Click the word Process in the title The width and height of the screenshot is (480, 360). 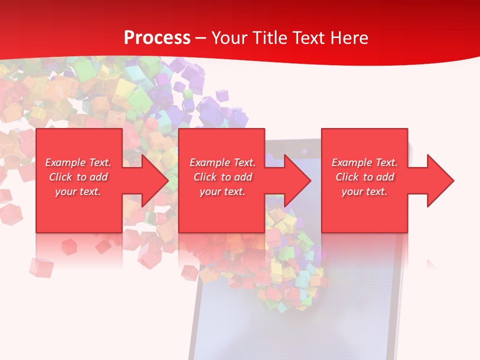click(157, 38)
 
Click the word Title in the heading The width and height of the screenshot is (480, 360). click(270, 38)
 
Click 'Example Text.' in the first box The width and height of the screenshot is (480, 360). click(78, 162)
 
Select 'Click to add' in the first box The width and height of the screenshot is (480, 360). click(78, 177)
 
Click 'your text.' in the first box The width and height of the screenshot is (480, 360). click(78, 191)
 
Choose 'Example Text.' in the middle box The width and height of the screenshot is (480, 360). click(222, 162)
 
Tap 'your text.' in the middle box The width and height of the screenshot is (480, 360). click(222, 191)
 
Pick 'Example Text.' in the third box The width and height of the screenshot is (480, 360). click(364, 162)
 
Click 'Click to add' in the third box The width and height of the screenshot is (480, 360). click(364, 177)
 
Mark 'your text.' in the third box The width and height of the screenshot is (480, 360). click(364, 191)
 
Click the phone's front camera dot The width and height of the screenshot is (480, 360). click(303, 149)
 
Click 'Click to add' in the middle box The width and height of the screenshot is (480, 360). click(222, 177)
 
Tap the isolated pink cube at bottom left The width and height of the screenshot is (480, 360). click(40, 267)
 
